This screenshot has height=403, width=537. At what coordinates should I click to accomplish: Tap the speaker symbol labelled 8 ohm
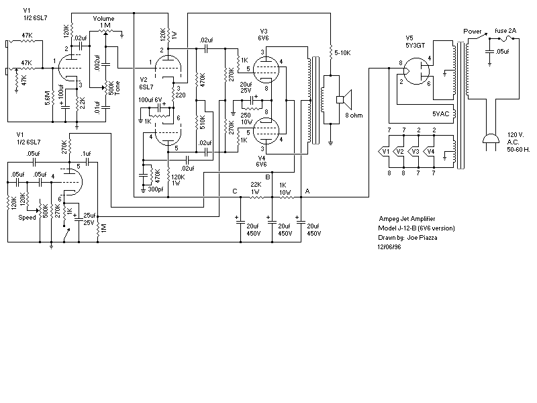(x=342, y=100)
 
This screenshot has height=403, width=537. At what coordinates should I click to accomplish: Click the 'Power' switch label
(x=473, y=32)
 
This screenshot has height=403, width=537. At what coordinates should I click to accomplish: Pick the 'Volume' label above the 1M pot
(x=103, y=17)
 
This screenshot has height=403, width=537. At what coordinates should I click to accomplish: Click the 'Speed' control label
(x=28, y=217)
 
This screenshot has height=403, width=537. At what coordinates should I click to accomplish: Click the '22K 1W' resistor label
(x=256, y=188)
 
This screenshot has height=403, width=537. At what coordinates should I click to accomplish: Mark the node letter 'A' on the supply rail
(x=307, y=191)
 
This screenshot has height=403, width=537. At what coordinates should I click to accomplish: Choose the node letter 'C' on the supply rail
(x=234, y=191)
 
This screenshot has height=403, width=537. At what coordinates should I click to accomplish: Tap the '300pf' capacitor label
(x=156, y=189)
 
